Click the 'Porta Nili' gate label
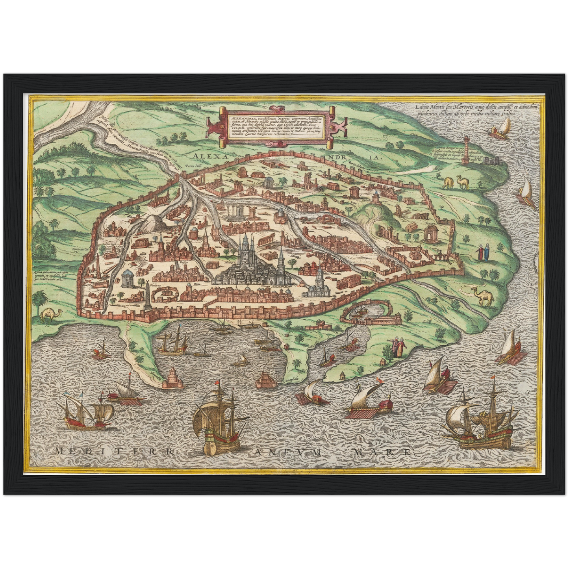[x=194, y=167]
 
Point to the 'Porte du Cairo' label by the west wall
[x=81, y=250]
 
